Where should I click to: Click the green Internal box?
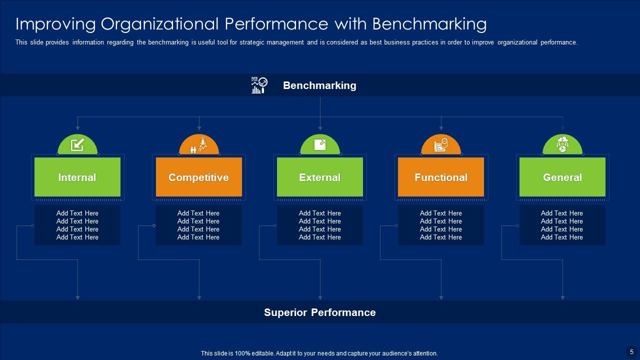pyautogui.click(x=77, y=177)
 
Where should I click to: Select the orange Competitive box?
pyautogui.click(x=198, y=177)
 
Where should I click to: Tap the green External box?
pyautogui.click(x=320, y=177)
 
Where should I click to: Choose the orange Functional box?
pyautogui.click(x=441, y=177)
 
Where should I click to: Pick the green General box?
pyautogui.click(x=562, y=177)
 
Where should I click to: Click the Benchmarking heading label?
pyautogui.click(x=319, y=85)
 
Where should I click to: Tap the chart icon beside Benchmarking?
pyautogui.click(x=259, y=85)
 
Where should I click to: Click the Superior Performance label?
pyautogui.click(x=319, y=312)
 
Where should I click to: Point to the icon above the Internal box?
pyautogui.click(x=77, y=145)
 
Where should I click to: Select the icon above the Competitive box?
pyautogui.click(x=199, y=145)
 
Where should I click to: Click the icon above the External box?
pyautogui.click(x=320, y=145)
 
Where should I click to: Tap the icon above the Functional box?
pyautogui.click(x=441, y=145)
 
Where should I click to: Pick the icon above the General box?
pyautogui.click(x=562, y=145)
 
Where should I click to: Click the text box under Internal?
pyautogui.click(x=77, y=225)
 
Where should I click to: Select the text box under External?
pyautogui.click(x=320, y=225)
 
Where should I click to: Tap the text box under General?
pyautogui.click(x=562, y=225)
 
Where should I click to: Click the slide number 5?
pyautogui.click(x=631, y=352)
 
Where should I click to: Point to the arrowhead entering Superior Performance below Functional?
pyautogui.click(x=441, y=297)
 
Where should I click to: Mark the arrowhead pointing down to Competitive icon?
pyautogui.click(x=199, y=128)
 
